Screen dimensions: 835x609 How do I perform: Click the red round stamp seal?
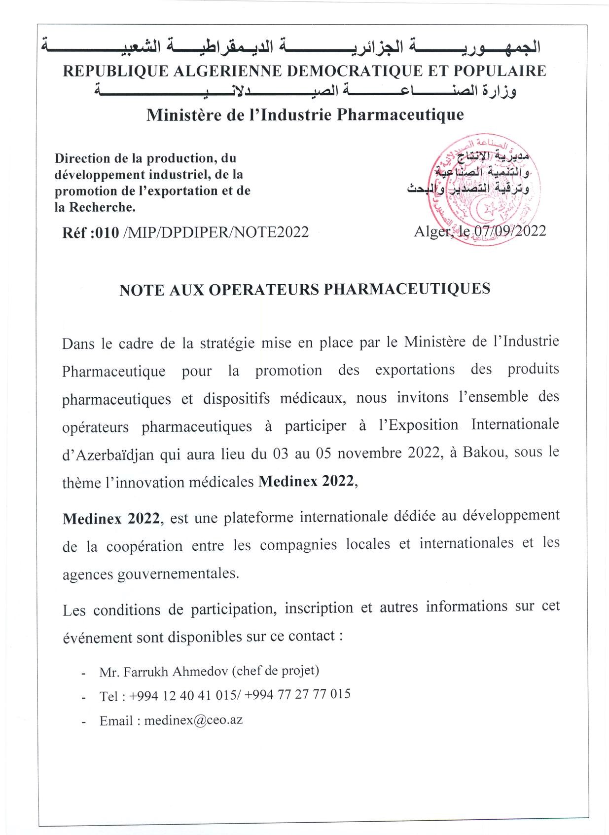pos(485,190)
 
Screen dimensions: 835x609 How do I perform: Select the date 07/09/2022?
pos(510,231)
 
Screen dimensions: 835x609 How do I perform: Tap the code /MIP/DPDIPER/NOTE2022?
pos(215,232)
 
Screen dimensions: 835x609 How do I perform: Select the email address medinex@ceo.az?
pos(193,720)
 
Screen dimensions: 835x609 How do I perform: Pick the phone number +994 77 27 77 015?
pos(297,694)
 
